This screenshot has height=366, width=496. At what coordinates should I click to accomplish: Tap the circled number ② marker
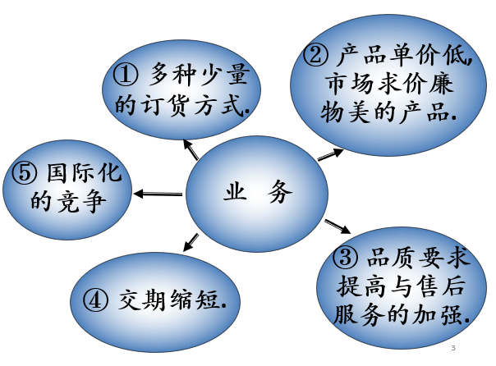point(316,56)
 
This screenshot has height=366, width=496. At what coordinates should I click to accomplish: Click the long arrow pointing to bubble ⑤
point(158,194)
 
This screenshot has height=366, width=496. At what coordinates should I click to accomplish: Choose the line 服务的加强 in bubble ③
point(401,314)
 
